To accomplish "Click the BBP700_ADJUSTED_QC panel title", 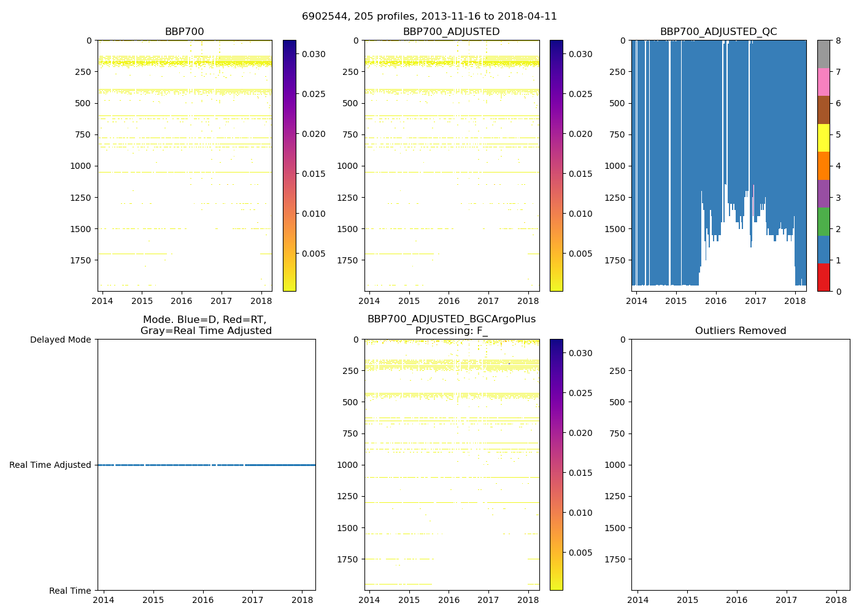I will [x=718, y=32].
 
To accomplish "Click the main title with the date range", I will [x=429, y=17].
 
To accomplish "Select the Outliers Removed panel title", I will [x=741, y=331].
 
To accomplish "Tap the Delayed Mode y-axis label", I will [x=60, y=340].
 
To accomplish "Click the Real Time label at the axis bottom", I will [x=70, y=591].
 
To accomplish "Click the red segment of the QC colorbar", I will [x=823, y=278].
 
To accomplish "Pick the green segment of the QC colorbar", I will [x=823, y=222].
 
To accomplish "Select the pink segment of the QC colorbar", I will [x=823, y=82].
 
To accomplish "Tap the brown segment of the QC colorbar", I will [x=823, y=110].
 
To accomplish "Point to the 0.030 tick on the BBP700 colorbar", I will [x=314, y=54].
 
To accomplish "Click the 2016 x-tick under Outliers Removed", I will [x=737, y=600].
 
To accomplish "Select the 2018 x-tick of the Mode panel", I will [x=302, y=600].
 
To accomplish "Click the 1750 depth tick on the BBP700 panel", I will [x=80, y=260].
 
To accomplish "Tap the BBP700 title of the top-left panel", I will [x=184, y=32].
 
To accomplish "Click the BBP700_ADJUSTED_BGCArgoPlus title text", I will [x=452, y=319].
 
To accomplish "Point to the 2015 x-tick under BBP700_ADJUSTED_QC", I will [x=676, y=301].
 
